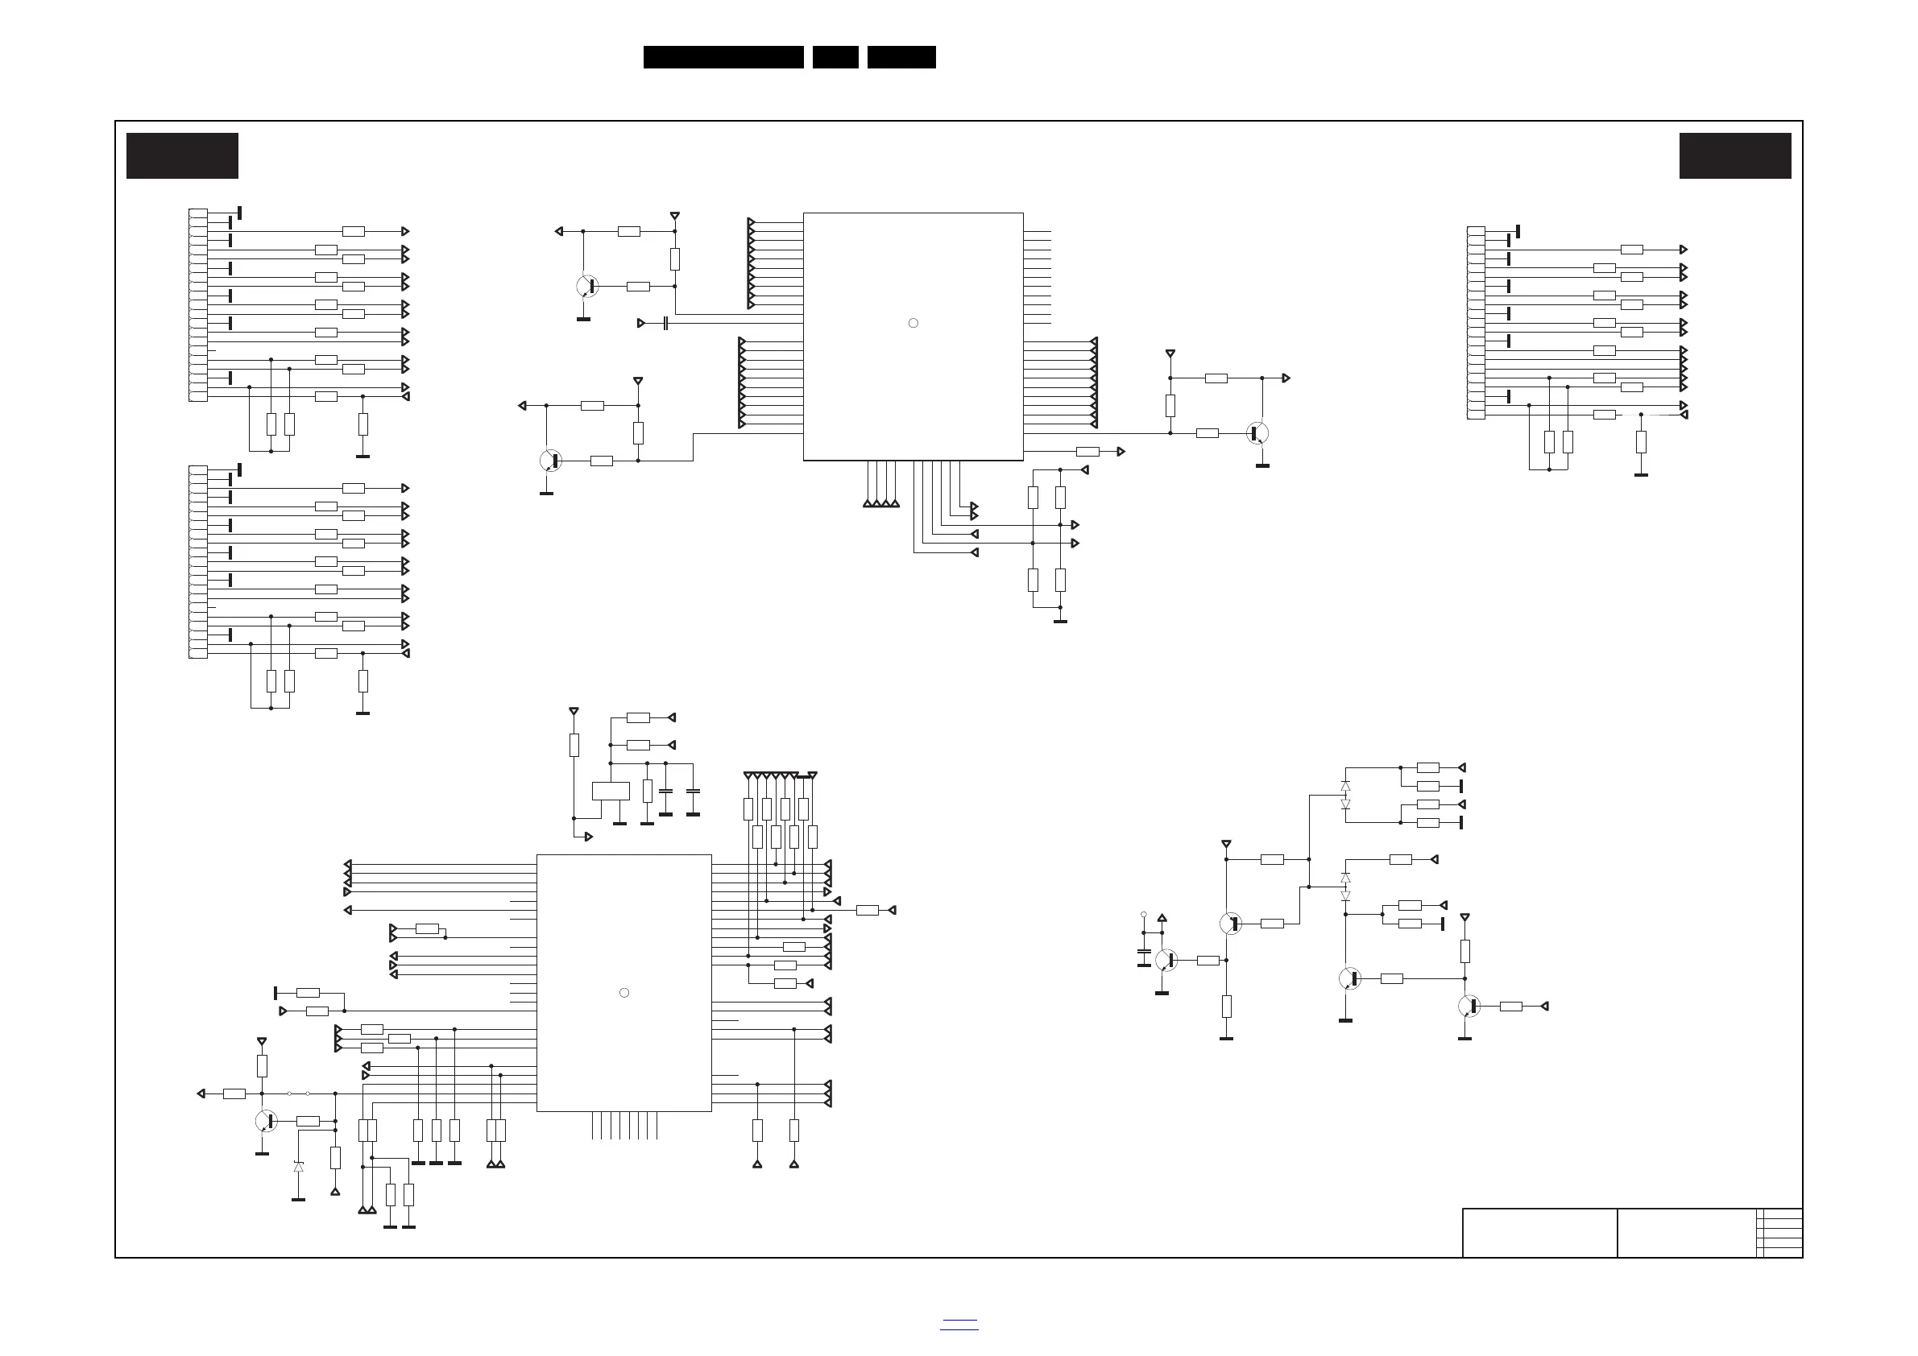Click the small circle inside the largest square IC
point(913,323)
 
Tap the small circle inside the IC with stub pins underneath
point(624,993)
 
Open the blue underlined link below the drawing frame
point(959,1325)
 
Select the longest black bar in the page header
point(723,57)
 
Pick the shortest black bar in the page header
point(835,57)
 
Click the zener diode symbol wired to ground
point(298,1167)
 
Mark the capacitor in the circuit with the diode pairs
point(1144,952)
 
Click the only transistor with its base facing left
point(1258,433)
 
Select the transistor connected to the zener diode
point(267,1122)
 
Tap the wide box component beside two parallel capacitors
point(611,791)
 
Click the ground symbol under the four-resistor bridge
point(1060,621)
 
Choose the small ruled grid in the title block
point(1779,1233)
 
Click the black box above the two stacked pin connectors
point(182,155)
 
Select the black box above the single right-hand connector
point(1735,155)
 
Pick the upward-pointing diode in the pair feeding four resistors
point(1345,786)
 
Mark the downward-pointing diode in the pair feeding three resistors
point(1345,895)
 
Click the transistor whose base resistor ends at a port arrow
point(1469,1007)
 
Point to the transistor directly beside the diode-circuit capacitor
point(1166,960)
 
